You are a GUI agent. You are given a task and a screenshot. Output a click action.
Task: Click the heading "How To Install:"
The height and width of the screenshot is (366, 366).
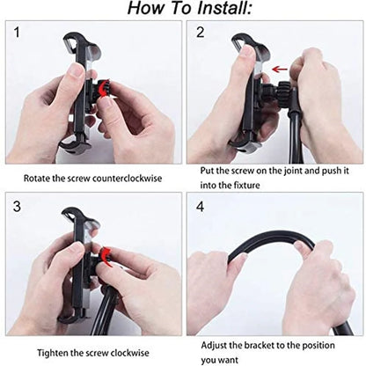coord(182,10)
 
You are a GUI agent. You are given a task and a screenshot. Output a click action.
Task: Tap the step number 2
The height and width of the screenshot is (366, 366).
coord(200,34)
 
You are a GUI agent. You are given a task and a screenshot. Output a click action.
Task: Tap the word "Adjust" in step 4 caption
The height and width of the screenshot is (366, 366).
coord(216,344)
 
